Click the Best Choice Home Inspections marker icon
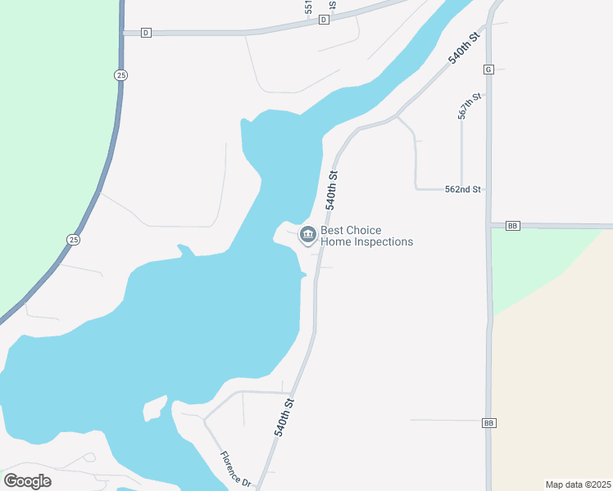pos(308,236)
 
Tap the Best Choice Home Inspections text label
pos(366,236)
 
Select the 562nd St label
pos(463,189)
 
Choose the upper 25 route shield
pos(120,75)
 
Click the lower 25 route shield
pos(73,239)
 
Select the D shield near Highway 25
pos(146,33)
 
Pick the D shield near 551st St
pos(325,20)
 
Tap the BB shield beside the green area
pos(513,225)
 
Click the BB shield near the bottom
pos(489,422)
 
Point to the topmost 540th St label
pos(463,49)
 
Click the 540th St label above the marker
pos(332,190)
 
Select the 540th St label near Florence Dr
pos(284,417)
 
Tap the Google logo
pos(27,481)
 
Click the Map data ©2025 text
pos(578,484)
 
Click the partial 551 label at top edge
pos(308,7)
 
